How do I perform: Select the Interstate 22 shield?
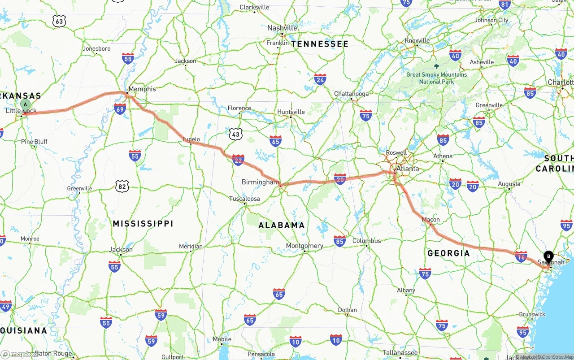coord(238,160)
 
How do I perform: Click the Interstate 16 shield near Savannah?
coord(521,256)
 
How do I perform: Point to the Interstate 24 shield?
coord(320,79)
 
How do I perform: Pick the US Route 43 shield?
coord(235,133)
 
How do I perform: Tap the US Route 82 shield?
coord(122,186)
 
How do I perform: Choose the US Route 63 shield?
coord(59,21)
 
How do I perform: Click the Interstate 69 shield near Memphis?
coord(120,108)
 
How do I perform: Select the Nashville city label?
coord(282,28)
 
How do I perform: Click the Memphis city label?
coord(142,89)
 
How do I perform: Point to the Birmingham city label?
coord(260,182)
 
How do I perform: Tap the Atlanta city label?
coord(408,169)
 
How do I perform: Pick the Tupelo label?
coord(191,139)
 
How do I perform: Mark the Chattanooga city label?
coord(351,94)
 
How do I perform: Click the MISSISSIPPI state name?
coord(143,223)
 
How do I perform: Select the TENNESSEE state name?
coord(320,44)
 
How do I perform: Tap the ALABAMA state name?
coord(282,225)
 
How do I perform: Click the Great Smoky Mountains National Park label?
coord(436,78)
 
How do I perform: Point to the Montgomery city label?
coord(304,246)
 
